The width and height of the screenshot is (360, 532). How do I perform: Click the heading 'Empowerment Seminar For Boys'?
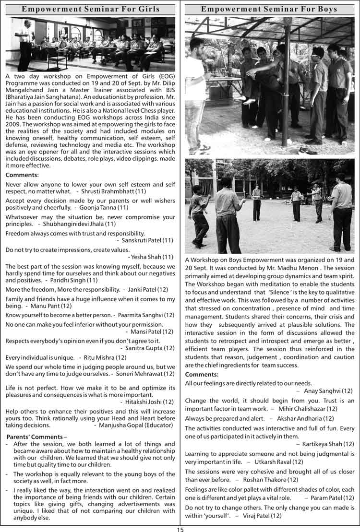pyautogui.click(x=269, y=9)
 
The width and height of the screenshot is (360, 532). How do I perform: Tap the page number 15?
pyautogui.click(x=180, y=529)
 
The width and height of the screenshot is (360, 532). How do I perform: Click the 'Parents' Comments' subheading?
pyautogui.click(x=35, y=437)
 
